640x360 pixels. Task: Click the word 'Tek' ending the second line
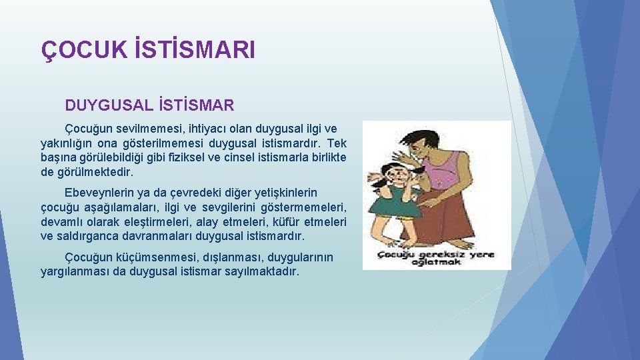337,143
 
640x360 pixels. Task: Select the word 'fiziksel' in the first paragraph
205,157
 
